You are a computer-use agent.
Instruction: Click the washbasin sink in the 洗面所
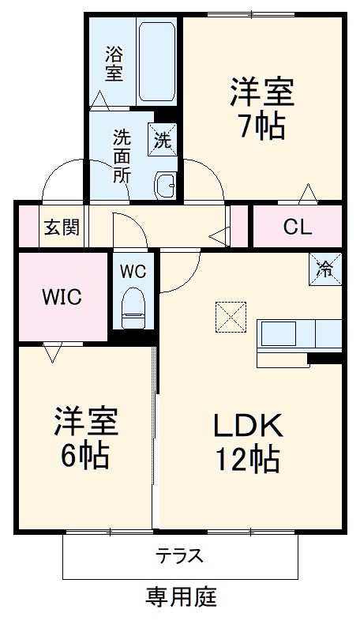(167, 185)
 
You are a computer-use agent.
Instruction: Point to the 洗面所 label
(122, 155)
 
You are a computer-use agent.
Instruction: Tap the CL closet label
(298, 228)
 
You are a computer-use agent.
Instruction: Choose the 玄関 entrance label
(61, 228)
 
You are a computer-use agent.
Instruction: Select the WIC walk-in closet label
(62, 297)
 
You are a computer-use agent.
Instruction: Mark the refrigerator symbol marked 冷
(324, 267)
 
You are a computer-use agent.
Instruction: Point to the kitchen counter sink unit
(300, 335)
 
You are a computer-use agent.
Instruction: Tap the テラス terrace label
(179, 555)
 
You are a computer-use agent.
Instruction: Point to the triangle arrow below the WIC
(53, 352)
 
